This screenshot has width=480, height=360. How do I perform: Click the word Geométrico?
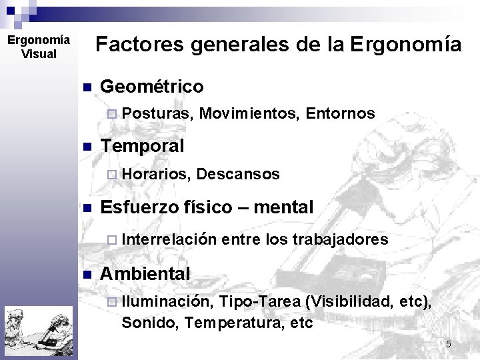pyautogui.click(x=151, y=87)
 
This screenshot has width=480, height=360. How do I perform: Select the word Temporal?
pyautogui.click(x=141, y=145)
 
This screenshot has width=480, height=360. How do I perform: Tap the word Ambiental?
pyautogui.click(x=145, y=273)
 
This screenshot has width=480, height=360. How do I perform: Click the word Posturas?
pyautogui.click(x=157, y=114)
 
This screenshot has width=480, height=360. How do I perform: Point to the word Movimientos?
pyautogui.click(x=249, y=114)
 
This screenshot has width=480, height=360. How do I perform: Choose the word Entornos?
pyautogui.click(x=340, y=114)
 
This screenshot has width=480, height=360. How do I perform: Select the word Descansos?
pyautogui.click(x=238, y=174)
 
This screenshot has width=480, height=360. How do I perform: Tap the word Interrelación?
pyautogui.click(x=169, y=239)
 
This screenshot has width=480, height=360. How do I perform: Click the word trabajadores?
pyautogui.click(x=340, y=239)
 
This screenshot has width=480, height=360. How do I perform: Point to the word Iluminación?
pyautogui.click(x=167, y=302)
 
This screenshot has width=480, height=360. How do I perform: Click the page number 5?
pyautogui.click(x=448, y=344)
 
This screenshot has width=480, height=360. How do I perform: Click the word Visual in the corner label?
pyautogui.click(x=39, y=54)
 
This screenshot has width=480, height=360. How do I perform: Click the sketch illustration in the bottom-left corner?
pyautogui.click(x=38, y=332)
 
